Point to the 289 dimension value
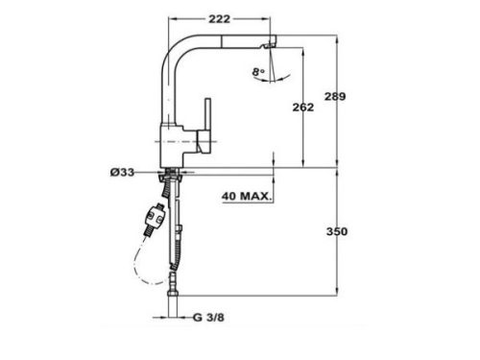(361, 98)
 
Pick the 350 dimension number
(361, 231)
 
